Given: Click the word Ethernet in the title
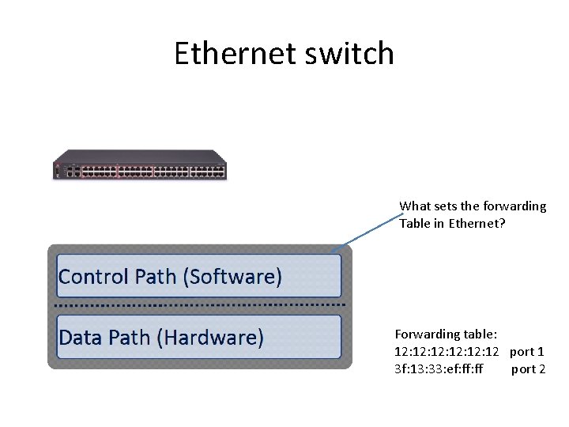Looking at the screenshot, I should (x=229, y=54).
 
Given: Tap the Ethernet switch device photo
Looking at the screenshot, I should (x=140, y=165).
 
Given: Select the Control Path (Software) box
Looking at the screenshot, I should (x=198, y=276).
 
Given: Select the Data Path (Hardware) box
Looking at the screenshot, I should (x=198, y=338).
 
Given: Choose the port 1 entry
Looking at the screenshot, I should (x=527, y=351).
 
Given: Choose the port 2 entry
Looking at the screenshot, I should (x=528, y=368).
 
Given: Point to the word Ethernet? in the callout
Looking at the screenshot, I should (x=478, y=223).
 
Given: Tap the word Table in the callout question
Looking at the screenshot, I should (x=415, y=223).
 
